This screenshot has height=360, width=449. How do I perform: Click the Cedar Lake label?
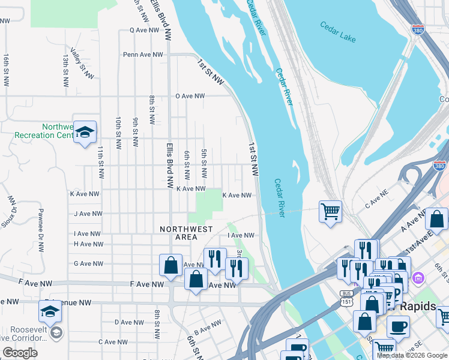(x=338, y=33)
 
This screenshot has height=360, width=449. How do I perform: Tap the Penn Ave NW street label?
(x=143, y=55)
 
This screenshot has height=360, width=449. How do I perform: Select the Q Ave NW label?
(x=146, y=30)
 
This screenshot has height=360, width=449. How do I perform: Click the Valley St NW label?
(x=82, y=64)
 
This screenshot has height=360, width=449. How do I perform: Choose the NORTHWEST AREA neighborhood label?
(x=186, y=233)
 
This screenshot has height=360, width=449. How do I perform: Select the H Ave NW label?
(x=87, y=244)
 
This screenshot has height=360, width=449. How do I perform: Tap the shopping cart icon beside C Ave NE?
(x=330, y=211)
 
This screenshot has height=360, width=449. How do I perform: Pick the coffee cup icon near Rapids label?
(x=397, y=328)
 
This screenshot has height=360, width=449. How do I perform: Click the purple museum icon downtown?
(x=418, y=278)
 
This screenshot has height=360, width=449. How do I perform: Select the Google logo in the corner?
(x=20, y=353)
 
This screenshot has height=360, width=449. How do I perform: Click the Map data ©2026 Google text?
(x=412, y=355)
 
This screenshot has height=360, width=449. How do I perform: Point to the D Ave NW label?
(x=130, y=322)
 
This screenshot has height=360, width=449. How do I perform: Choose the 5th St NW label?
(x=204, y=163)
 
